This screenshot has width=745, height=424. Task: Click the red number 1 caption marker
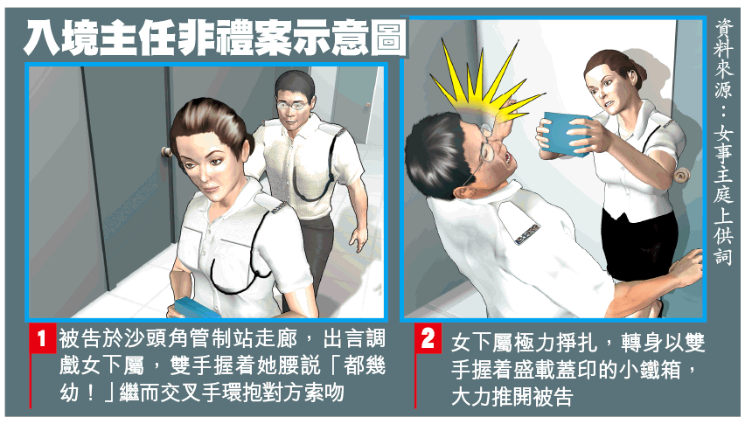point(42,337)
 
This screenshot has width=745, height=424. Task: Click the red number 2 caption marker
point(428,337)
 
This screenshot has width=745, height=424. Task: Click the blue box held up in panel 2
point(564,135)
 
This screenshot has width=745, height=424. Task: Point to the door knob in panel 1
point(167,152)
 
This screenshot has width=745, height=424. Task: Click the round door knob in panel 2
point(680,176)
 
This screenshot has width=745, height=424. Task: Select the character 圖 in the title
point(388,38)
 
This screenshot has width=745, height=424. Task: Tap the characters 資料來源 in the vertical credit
point(724,59)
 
